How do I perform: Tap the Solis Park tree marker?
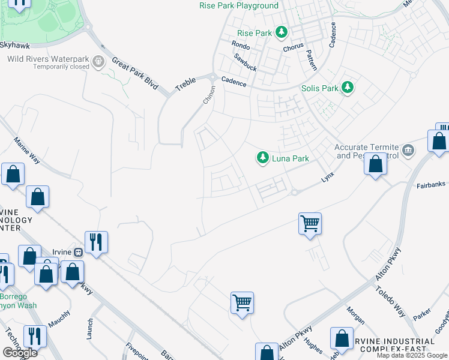tap(347, 88)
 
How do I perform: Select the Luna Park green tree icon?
tap(262, 158)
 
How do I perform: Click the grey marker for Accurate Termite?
tap(408, 150)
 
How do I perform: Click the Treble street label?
tap(186, 83)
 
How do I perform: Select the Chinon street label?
tap(208, 95)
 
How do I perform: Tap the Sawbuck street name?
tap(246, 62)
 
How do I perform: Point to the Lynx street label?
tap(327, 178)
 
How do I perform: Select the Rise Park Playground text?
tap(239, 6)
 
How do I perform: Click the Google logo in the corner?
tap(20, 353)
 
